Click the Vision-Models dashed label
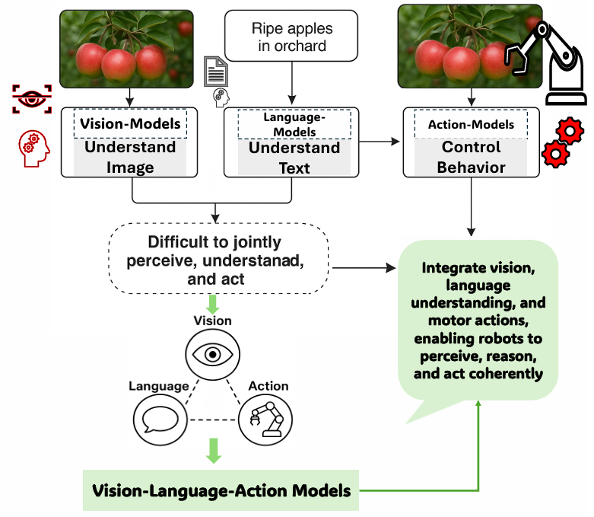point(130,123)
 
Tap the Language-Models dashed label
point(294,123)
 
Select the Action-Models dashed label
point(470,124)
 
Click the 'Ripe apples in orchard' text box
point(291,37)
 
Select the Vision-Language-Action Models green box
point(221,490)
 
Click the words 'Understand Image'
point(130,157)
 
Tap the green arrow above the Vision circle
point(214,303)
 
